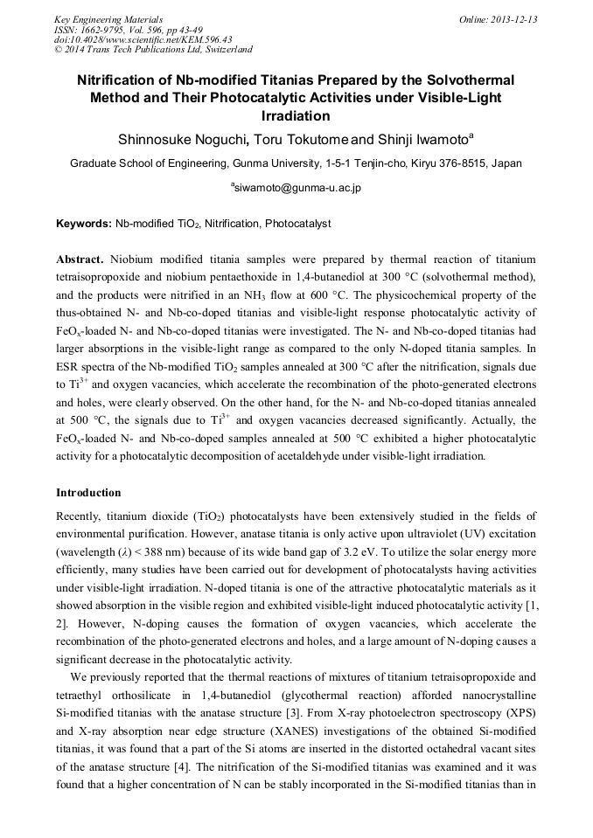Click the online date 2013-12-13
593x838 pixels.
pos(511,18)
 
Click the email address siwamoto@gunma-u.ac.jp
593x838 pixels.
pos(297,187)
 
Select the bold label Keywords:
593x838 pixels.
pos(84,224)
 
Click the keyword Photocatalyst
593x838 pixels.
pos(298,224)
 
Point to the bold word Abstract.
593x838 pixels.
pos(80,260)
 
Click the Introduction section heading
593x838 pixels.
pos(88,493)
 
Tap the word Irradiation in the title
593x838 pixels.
pos(296,114)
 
